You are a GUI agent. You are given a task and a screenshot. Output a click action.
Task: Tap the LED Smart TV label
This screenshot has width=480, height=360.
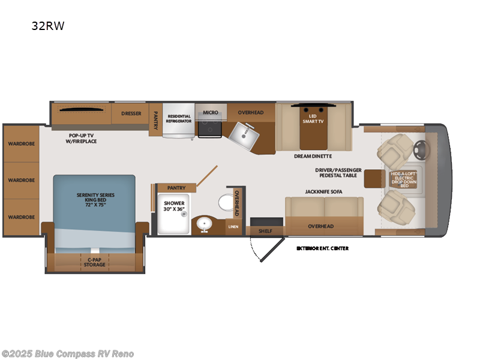point(311,118)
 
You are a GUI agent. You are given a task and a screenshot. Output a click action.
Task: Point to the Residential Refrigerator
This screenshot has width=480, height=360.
point(179,119)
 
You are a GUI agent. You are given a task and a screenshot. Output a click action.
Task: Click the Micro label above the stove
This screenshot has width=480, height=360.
point(210,112)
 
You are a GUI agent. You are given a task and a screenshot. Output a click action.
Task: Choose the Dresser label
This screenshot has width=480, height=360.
point(130,113)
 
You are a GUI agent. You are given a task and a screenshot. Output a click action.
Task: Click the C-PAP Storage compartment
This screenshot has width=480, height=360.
point(94,262)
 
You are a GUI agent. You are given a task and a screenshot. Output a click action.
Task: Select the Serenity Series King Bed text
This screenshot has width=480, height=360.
point(95,200)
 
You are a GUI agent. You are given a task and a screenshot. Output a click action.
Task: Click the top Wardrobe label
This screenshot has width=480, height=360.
point(22,143)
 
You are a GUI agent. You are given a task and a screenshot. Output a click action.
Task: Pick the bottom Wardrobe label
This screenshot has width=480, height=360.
point(22,217)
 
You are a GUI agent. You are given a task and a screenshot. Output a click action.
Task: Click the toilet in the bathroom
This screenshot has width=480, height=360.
point(227,202)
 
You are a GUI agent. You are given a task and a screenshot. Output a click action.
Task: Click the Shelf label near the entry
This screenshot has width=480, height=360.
point(266,230)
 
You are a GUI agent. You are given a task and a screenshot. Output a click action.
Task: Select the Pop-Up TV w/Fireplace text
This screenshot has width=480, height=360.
point(82,139)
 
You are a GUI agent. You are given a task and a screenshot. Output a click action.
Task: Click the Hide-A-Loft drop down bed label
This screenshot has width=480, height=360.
point(404,179)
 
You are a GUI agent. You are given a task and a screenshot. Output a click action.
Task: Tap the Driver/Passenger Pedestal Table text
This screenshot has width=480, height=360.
point(338,172)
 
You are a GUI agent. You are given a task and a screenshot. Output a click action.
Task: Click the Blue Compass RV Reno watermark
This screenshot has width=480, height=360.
point(67,354)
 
